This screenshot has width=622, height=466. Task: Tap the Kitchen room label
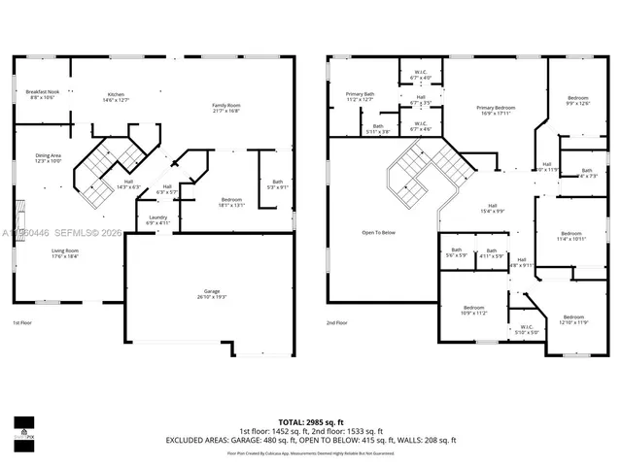pos(116,97)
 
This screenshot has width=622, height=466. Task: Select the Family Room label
pos(226,108)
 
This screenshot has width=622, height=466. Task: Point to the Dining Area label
pos(49,158)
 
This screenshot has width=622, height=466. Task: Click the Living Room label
pos(66,253)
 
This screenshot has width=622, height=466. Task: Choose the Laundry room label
pos(157,219)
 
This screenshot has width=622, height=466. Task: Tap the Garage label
pos(212,294)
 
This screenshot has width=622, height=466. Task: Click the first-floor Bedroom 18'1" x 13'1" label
pos(230,202)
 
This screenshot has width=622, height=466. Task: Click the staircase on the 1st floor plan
pos(107,170)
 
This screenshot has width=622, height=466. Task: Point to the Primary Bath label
pos(359,97)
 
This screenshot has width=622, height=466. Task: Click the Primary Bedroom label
pos(495,110)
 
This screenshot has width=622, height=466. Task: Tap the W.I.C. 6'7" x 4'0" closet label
pos(420,76)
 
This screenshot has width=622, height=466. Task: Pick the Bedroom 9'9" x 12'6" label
pos(578,100)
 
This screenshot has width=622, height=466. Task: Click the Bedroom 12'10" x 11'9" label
pos(573,319)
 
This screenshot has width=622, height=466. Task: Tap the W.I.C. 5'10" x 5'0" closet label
pos(525,332)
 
